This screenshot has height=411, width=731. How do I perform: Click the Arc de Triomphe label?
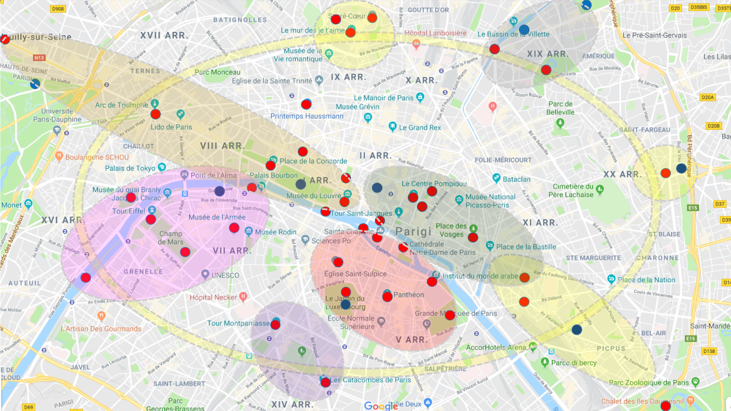point(121,105)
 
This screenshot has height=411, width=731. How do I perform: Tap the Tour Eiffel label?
point(128,211)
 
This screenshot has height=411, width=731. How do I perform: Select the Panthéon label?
point(408,295)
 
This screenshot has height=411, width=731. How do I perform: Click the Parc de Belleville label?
point(560,108)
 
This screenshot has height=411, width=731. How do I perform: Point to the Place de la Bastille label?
point(526,247)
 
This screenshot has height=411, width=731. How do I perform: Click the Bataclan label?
point(516,179)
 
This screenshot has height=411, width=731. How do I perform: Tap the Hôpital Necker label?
point(213,297)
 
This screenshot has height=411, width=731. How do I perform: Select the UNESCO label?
point(225,275)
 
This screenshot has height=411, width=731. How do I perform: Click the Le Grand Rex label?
point(419,128)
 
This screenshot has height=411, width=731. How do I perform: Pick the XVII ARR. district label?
point(164,36)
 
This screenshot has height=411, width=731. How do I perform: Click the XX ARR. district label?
point(622,174)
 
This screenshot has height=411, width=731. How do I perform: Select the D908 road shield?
point(58,9)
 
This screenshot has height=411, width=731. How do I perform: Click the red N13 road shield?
point(39,58)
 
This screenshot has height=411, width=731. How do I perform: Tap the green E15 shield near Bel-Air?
point(690,338)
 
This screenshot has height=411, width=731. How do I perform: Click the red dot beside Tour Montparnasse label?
point(275,325)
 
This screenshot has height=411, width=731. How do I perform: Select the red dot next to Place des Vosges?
point(473,237)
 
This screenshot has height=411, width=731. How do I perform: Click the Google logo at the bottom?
point(381,406)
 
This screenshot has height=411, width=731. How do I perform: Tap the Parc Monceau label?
point(217,72)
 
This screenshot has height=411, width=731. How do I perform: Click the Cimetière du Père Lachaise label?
point(573,190)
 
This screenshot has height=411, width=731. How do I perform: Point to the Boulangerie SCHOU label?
point(97,158)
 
